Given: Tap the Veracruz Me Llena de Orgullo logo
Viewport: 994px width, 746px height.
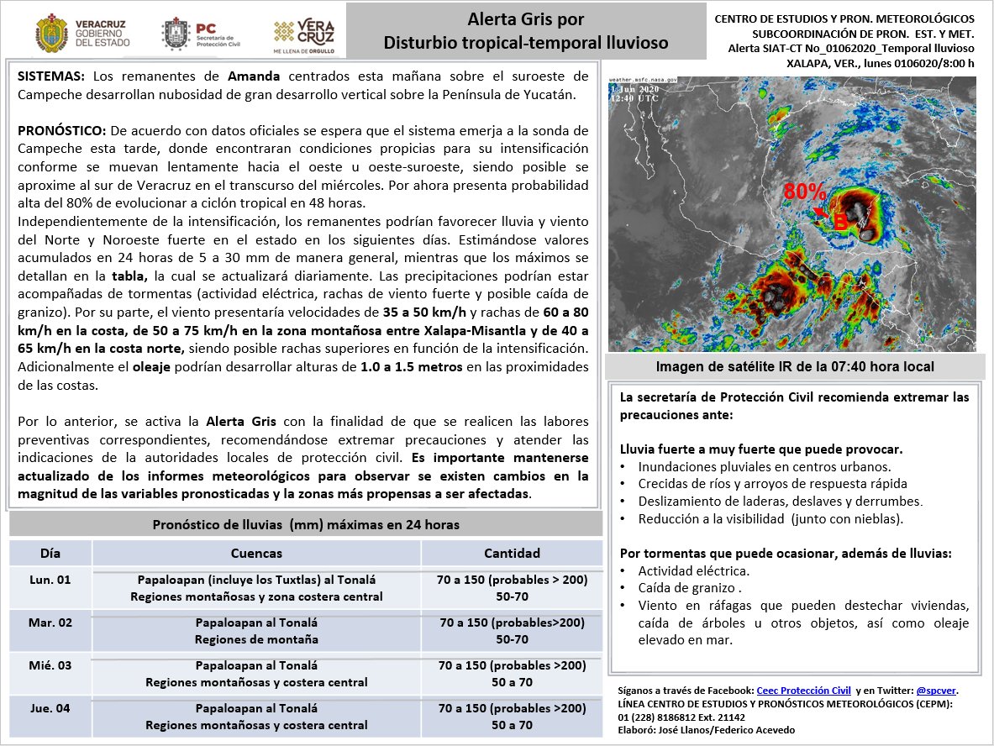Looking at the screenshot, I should [x=304, y=34].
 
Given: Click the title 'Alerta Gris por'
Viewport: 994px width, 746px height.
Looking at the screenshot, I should [x=526, y=19].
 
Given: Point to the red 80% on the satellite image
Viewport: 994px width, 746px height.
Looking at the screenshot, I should [x=804, y=191].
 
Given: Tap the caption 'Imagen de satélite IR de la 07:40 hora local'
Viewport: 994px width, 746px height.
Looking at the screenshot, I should [x=794, y=367].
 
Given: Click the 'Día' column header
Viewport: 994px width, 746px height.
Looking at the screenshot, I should [x=50, y=553].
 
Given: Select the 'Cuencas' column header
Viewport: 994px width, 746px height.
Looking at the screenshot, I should [x=256, y=553].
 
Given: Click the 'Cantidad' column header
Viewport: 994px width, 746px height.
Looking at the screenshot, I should [x=512, y=553].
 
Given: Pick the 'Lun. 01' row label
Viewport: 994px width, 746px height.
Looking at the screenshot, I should [x=50, y=581].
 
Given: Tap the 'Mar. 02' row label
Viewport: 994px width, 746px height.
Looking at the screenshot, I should [x=50, y=623].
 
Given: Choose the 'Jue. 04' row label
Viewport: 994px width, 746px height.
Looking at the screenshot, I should [x=50, y=708].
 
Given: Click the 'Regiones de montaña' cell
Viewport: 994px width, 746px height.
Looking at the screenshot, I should [x=256, y=639].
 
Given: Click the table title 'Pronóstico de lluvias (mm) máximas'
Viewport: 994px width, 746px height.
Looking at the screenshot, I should [x=306, y=524].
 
